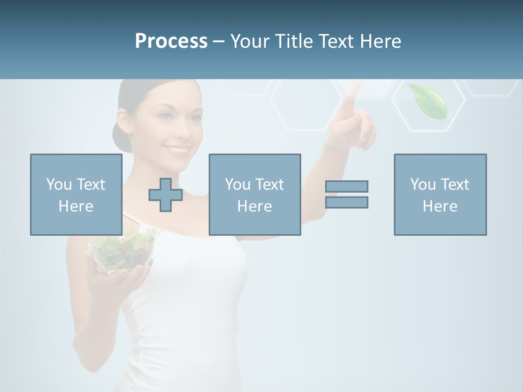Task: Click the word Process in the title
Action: [x=171, y=41]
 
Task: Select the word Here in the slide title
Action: [x=380, y=41]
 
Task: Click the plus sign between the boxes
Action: [x=166, y=195]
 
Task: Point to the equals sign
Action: [x=346, y=194]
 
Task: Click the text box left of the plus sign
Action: [x=76, y=195]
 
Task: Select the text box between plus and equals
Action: [x=255, y=195]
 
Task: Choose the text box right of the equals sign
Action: [x=440, y=195]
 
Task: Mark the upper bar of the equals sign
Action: [x=346, y=186]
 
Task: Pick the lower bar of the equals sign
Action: [x=346, y=203]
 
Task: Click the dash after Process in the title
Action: [x=219, y=41]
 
